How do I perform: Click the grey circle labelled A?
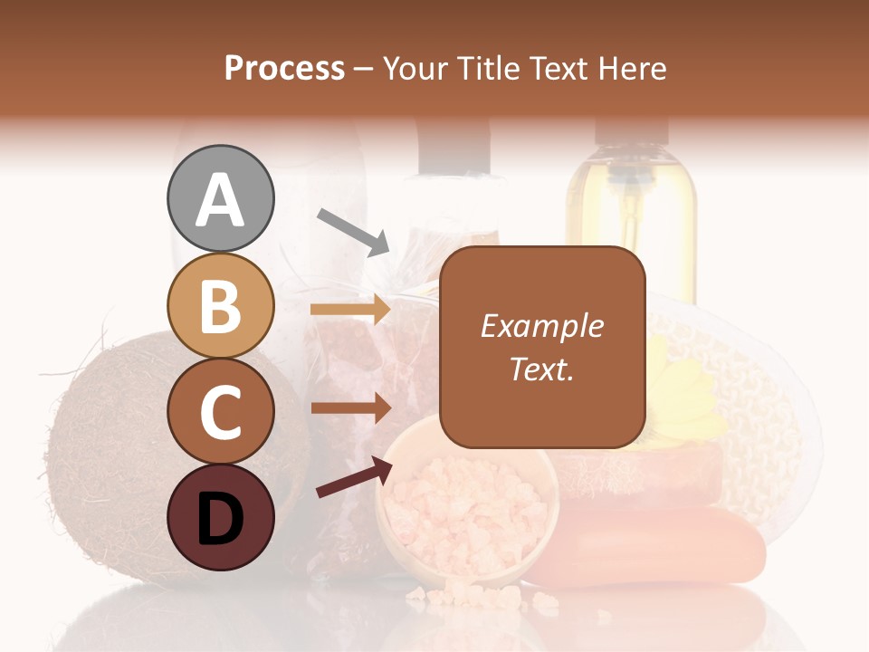pyautogui.click(x=220, y=198)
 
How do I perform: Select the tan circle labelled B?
pyautogui.click(x=220, y=305)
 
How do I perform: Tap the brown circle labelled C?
pyautogui.click(x=220, y=411)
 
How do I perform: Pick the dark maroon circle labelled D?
pyautogui.click(x=220, y=517)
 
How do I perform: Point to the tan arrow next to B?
pyautogui.click(x=350, y=310)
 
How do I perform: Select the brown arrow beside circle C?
pyautogui.click(x=350, y=407)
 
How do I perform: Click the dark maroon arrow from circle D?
pyautogui.click(x=354, y=477)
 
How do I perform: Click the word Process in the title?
pyautogui.click(x=284, y=68)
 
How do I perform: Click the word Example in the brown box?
pyautogui.click(x=541, y=326)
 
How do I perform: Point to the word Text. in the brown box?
pyautogui.click(x=541, y=369)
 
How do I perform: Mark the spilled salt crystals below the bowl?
pyautogui.click(x=471, y=598)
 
